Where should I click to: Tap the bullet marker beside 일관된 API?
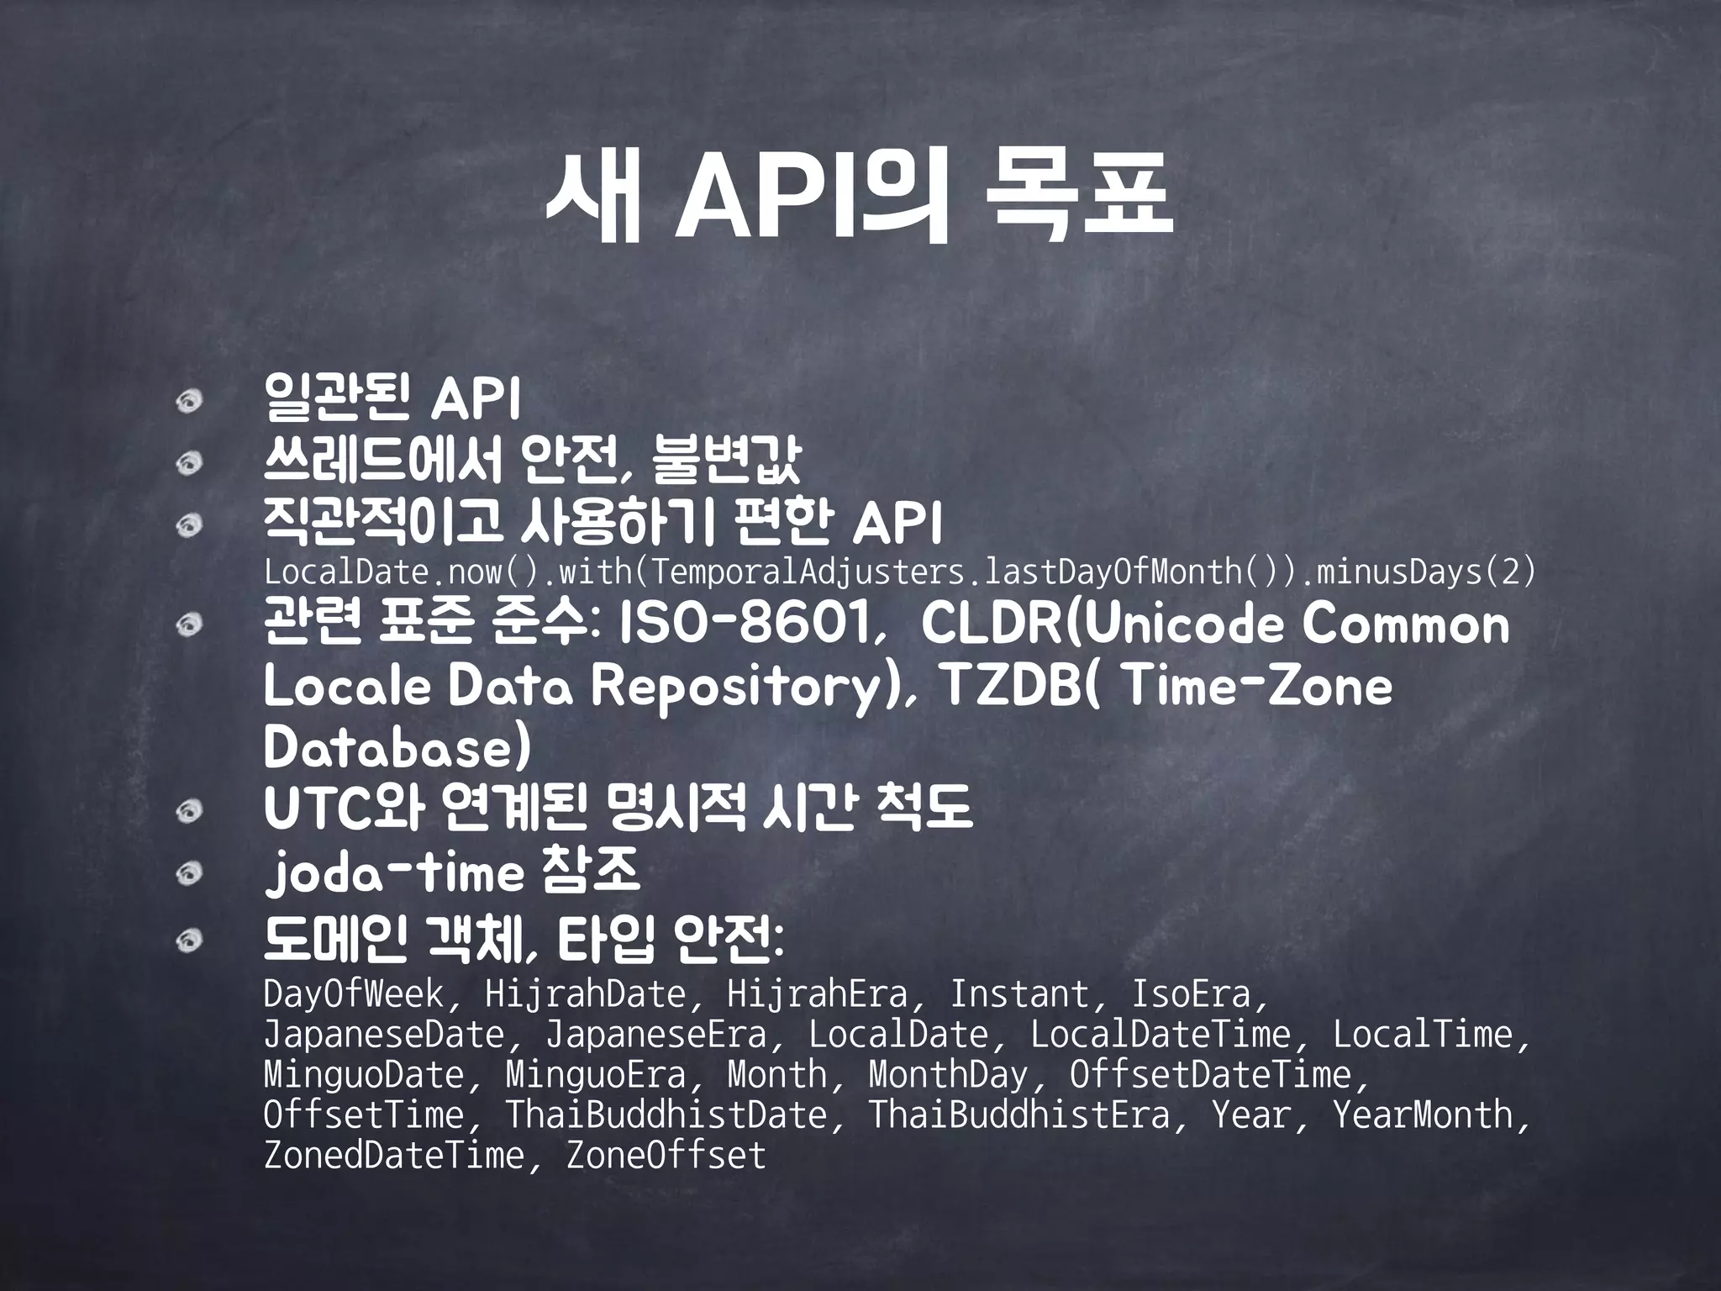click(191, 401)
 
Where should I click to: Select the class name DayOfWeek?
click(354, 994)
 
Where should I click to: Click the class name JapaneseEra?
click(655, 1035)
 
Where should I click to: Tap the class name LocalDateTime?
click(1160, 1035)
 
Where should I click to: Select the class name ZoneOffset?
click(666, 1156)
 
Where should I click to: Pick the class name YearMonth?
click(1423, 1115)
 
